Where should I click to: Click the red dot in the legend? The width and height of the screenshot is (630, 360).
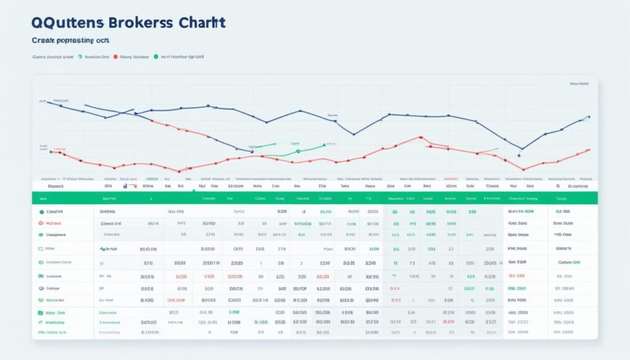click(x=116, y=56)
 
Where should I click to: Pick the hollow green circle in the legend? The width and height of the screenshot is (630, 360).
click(x=81, y=56)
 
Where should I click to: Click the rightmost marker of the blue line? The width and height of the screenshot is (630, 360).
click(x=589, y=116)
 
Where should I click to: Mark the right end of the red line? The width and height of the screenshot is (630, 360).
click(x=589, y=150)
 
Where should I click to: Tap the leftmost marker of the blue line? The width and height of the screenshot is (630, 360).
click(x=48, y=102)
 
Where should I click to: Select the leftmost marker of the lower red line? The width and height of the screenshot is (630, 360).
click(x=52, y=150)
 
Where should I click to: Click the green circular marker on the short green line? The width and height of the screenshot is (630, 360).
click(x=297, y=151)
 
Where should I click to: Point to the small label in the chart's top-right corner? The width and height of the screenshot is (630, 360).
click(x=580, y=83)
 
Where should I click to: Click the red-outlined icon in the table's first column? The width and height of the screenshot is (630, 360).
click(x=41, y=222)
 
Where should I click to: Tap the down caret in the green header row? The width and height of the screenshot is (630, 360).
click(x=151, y=199)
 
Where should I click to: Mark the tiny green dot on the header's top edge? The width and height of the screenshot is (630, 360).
click(x=193, y=191)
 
